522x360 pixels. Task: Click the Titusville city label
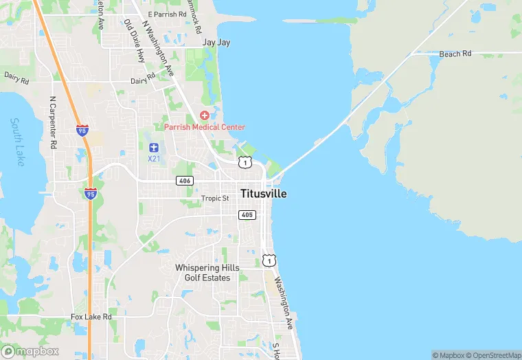click(x=263, y=194)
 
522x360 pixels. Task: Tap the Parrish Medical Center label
click(x=204, y=127)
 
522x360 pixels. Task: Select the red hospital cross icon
click(x=204, y=115)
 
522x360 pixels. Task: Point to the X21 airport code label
click(x=154, y=158)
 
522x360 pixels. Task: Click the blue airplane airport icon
click(x=154, y=146)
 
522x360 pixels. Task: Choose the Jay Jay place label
click(x=216, y=43)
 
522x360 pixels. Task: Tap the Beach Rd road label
click(x=455, y=54)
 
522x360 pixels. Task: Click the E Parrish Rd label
click(x=167, y=14)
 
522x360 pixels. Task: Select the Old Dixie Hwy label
click(x=135, y=41)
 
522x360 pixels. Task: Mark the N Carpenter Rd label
click(x=52, y=122)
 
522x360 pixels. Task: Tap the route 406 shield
click(x=183, y=181)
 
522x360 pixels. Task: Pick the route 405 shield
click(x=247, y=215)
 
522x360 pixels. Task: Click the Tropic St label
click(x=215, y=199)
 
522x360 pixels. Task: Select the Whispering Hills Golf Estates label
click(x=207, y=273)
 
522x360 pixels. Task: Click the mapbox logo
click(x=30, y=351)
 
